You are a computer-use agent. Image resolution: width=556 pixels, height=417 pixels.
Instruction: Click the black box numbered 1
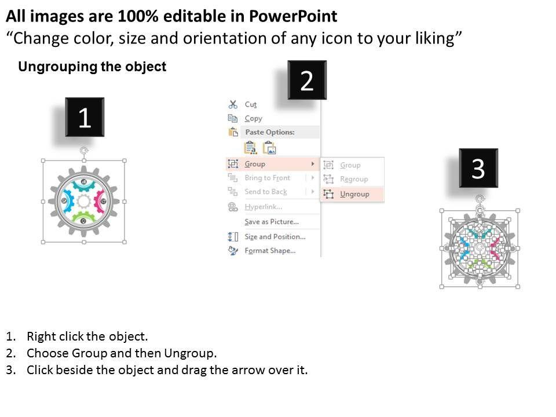pos(85,117)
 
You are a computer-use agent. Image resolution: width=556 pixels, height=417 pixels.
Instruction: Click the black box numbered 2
pos(307,80)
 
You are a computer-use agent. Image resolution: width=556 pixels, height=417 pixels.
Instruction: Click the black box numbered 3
pos(478,168)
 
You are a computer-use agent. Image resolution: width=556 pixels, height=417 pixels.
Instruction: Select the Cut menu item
pos(250,105)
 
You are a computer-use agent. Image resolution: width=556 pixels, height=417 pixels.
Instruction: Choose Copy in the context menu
pos(253,118)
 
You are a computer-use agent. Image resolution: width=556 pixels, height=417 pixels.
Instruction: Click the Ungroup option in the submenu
pos(354,194)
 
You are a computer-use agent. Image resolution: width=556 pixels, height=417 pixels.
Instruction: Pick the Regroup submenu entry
pos(354,179)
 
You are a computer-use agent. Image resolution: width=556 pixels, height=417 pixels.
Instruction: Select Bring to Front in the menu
pos(268,178)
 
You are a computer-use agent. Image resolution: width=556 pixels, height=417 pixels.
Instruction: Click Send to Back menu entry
pos(266,192)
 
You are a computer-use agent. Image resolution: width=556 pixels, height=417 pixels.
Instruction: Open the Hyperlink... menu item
pos(263,207)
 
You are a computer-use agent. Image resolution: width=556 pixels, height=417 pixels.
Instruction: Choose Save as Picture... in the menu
pos(272,222)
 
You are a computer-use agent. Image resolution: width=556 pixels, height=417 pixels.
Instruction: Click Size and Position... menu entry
pos(275,236)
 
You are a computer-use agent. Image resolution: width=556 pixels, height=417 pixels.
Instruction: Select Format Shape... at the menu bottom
pos(270,251)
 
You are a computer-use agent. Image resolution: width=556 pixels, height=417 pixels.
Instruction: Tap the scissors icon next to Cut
pos(233,104)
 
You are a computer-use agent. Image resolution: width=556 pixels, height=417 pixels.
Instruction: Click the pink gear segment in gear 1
pos(99,202)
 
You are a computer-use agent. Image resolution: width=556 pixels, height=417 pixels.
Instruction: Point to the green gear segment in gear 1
pos(83,217)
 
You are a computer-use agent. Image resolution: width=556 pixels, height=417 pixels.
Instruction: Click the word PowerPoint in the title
pos(293,16)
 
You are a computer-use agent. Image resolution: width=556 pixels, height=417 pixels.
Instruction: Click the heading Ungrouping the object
pos(92,67)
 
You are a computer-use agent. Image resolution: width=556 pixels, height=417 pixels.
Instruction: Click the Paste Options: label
pos(270,132)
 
